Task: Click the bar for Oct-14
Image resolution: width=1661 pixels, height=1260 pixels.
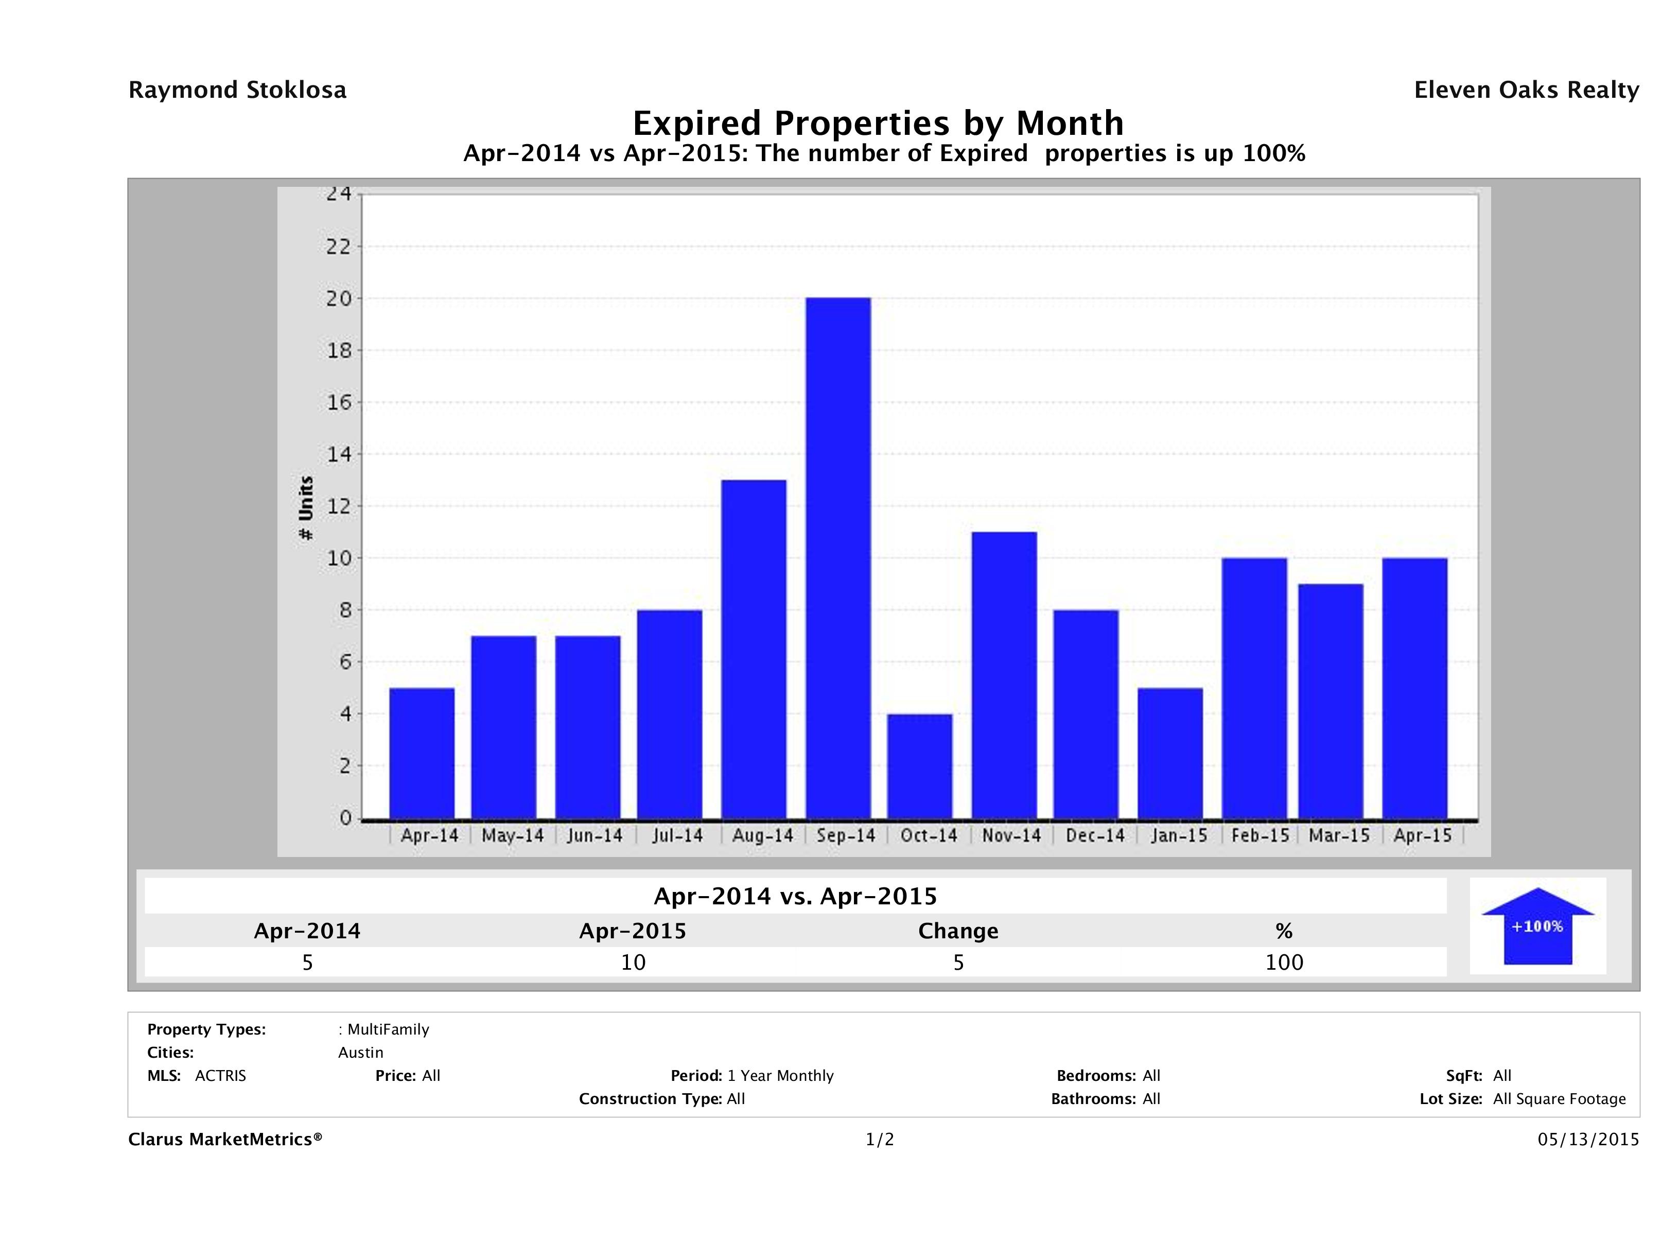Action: [919, 765]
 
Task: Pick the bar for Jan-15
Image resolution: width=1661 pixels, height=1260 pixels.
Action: [1170, 752]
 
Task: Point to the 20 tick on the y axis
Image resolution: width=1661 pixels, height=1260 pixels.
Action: [339, 298]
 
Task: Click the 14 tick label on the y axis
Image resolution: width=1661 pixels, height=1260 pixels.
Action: [339, 454]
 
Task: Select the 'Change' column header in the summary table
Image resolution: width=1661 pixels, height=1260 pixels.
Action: [958, 931]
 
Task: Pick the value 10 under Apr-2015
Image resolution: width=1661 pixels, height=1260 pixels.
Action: [633, 962]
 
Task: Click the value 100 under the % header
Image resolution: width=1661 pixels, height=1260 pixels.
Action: [1284, 962]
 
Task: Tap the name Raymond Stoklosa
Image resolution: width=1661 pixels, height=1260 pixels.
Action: [237, 90]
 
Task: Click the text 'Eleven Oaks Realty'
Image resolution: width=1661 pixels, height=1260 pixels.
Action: [1526, 90]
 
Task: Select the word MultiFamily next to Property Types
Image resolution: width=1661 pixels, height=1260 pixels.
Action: [388, 1029]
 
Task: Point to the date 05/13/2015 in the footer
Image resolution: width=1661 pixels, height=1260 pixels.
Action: [1588, 1139]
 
